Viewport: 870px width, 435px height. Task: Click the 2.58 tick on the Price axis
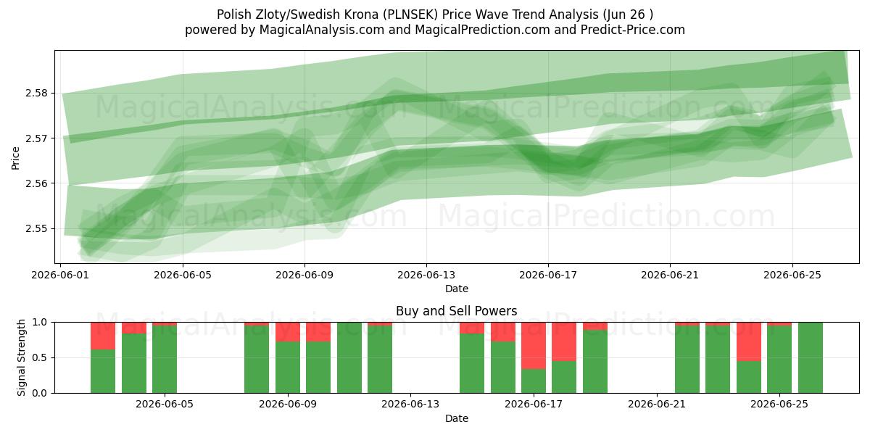coord(36,94)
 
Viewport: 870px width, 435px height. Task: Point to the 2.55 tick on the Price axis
coord(36,229)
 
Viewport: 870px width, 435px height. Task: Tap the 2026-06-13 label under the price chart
coord(426,275)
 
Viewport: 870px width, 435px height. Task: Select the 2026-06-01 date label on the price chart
coord(60,275)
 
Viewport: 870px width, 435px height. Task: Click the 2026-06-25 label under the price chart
coord(792,275)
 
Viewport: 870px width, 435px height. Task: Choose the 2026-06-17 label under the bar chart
coord(534,405)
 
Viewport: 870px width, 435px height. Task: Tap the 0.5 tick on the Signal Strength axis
coord(39,357)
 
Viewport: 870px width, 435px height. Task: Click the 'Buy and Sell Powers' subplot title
coord(456,311)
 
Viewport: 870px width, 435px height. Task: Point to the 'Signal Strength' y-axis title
coord(21,357)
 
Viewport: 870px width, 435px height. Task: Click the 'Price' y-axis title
coord(15,158)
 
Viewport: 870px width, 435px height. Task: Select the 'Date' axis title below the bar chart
coord(456,419)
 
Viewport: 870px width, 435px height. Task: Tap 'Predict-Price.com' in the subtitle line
coord(633,30)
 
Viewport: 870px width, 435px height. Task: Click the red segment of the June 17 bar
coord(534,346)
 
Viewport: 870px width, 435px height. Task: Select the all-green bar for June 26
coord(811,357)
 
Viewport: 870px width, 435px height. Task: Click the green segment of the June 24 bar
coord(749,377)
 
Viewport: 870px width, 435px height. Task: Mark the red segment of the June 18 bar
coord(564,341)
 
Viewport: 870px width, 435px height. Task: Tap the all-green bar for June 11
coord(349,357)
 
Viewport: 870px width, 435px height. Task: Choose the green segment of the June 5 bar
coord(165,360)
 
